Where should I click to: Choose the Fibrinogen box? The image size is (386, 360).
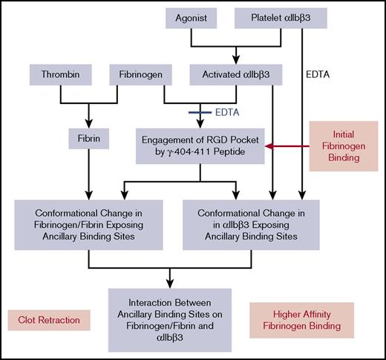coord(142,74)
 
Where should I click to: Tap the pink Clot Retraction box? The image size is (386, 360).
coord(50,320)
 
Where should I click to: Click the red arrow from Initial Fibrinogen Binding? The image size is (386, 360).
coord(282,146)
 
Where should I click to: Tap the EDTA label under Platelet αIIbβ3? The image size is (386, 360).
coord(317,74)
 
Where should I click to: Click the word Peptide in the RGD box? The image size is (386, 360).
coord(227,153)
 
